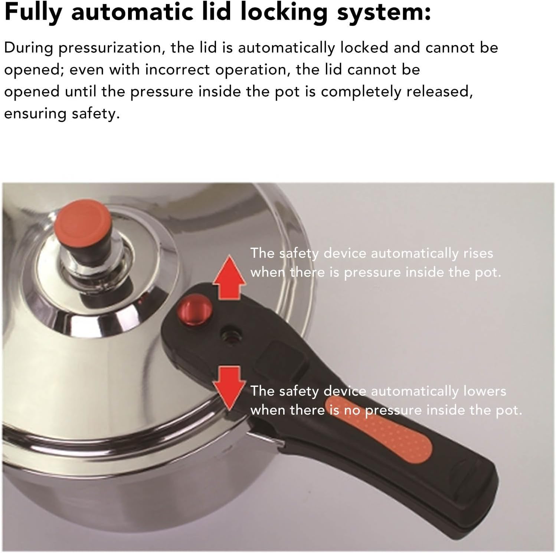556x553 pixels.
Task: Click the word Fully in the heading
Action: coord(33,13)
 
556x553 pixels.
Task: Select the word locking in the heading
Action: coord(284,13)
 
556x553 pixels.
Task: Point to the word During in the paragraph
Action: coord(28,48)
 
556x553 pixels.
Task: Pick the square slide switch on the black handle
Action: coord(282,358)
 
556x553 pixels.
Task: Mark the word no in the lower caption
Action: coord(353,410)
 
